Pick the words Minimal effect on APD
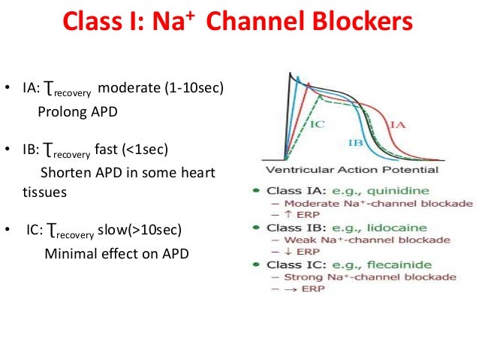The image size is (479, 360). pyautogui.click(x=116, y=253)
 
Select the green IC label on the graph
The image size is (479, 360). pyautogui.click(x=317, y=123)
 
